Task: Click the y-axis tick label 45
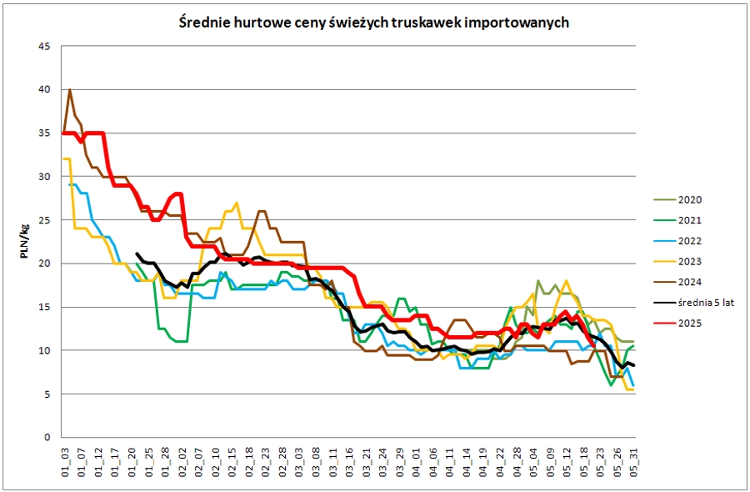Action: tap(44, 46)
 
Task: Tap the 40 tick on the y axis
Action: tap(44, 89)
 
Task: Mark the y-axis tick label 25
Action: tap(44, 220)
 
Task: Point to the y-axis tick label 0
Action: tap(47, 437)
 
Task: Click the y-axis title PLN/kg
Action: tap(25, 242)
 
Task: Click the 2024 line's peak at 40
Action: tap(70, 89)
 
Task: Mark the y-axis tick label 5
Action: tap(47, 394)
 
